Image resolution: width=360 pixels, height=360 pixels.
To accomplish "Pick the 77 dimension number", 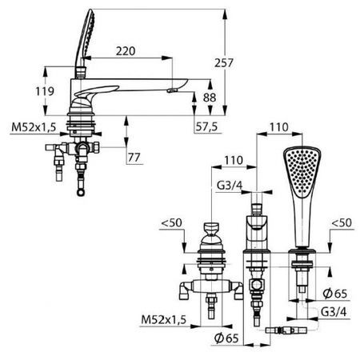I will (134, 156).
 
